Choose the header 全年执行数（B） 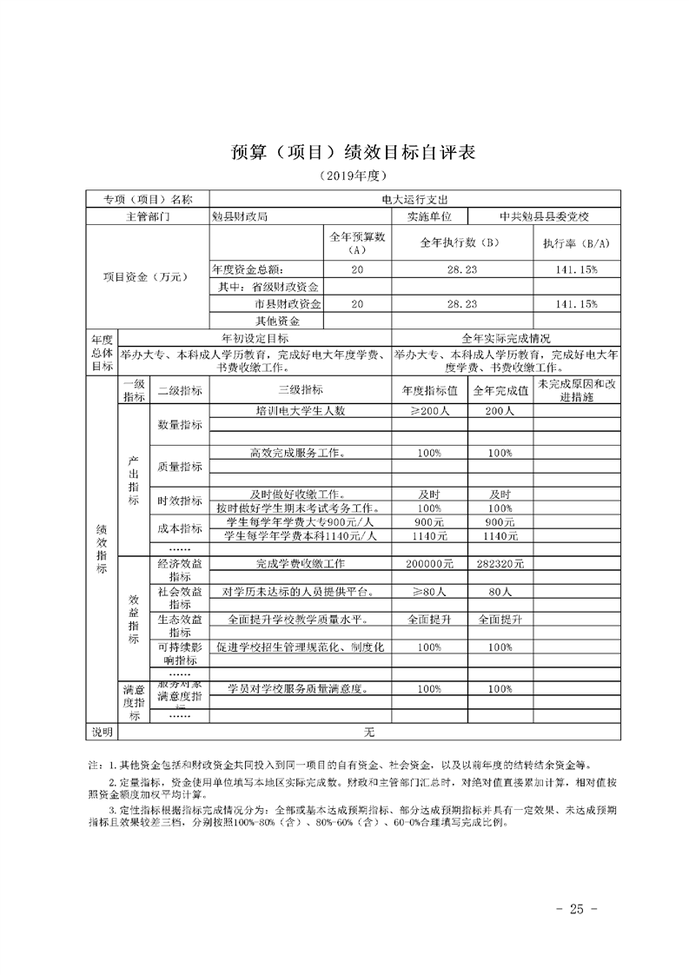point(461,243)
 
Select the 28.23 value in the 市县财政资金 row point(461,304)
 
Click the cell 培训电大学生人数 point(301,410)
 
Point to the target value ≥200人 point(429,410)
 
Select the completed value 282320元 point(500,564)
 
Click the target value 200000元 point(429,564)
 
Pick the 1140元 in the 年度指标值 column point(429,536)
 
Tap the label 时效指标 point(180,501)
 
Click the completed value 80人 point(500,592)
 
